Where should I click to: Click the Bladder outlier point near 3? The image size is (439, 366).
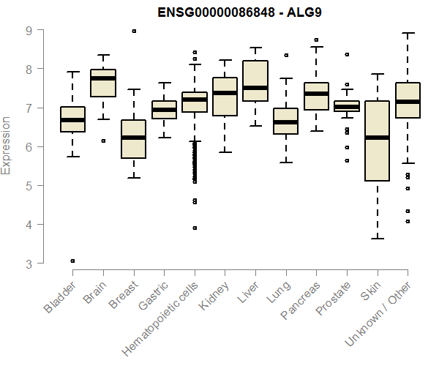(x=73, y=261)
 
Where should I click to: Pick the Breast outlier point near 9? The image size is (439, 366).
(x=134, y=31)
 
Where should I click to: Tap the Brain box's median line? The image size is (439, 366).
(x=103, y=78)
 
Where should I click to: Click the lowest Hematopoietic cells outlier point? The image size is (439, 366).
(x=195, y=228)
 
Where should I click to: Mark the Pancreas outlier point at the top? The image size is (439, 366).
(x=316, y=40)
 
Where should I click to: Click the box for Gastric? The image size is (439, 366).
(x=164, y=110)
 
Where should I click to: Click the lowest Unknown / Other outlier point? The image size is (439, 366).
(x=408, y=221)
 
